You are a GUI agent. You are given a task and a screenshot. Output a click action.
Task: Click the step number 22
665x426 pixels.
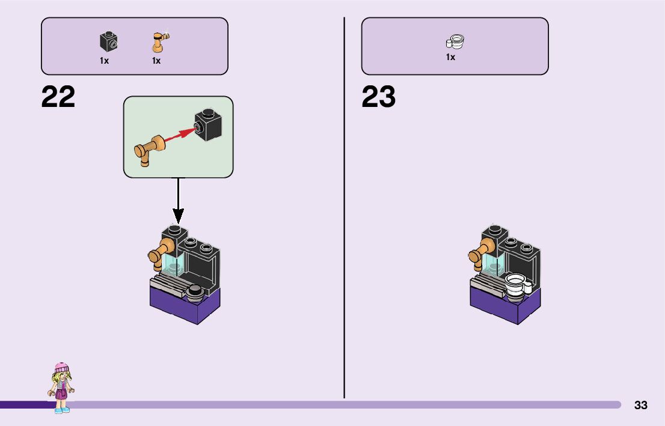(58, 97)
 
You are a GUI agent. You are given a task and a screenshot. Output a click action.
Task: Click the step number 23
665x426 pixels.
(379, 97)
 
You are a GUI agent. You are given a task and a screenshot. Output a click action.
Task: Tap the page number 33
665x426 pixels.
(641, 405)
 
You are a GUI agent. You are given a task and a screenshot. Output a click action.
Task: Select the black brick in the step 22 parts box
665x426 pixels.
(108, 41)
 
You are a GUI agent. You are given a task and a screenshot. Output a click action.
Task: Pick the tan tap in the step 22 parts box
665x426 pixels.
(159, 42)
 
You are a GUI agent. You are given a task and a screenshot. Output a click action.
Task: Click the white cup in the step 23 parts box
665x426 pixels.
(455, 42)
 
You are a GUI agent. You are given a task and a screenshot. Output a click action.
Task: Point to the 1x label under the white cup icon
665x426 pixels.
(450, 57)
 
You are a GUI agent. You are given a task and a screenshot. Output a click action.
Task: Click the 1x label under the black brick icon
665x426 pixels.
(105, 61)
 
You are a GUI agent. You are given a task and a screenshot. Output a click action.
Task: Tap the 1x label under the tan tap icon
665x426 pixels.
(156, 61)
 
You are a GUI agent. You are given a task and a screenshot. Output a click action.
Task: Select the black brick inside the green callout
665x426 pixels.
(209, 124)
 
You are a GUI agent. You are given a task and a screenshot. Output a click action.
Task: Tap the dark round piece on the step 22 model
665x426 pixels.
(195, 292)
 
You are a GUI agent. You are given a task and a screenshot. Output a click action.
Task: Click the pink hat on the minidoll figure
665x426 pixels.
(61, 367)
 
